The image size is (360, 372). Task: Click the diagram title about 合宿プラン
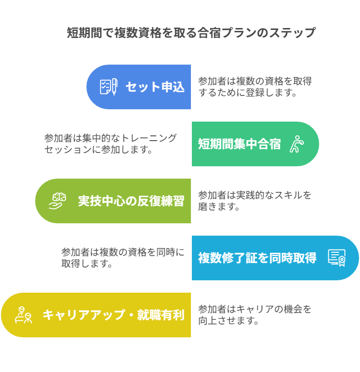coord(191,33)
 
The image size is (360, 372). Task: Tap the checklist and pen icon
coord(108,87)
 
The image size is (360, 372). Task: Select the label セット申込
coord(155,87)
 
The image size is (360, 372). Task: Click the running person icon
coord(296,144)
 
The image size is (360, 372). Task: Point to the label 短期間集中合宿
coord(239,144)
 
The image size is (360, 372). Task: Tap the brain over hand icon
coord(57,201)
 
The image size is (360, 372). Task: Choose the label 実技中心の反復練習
coord(131,201)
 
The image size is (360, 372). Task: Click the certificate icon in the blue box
coord(336,258)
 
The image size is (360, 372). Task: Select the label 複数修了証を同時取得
coord(257,258)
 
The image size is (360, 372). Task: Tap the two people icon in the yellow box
coord(23,315)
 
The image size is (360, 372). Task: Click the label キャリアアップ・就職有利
coord(113,315)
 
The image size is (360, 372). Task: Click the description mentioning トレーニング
coord(110,143)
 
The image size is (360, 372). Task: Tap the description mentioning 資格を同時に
coord(123,258)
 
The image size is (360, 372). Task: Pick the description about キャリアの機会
coord(255,315)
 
